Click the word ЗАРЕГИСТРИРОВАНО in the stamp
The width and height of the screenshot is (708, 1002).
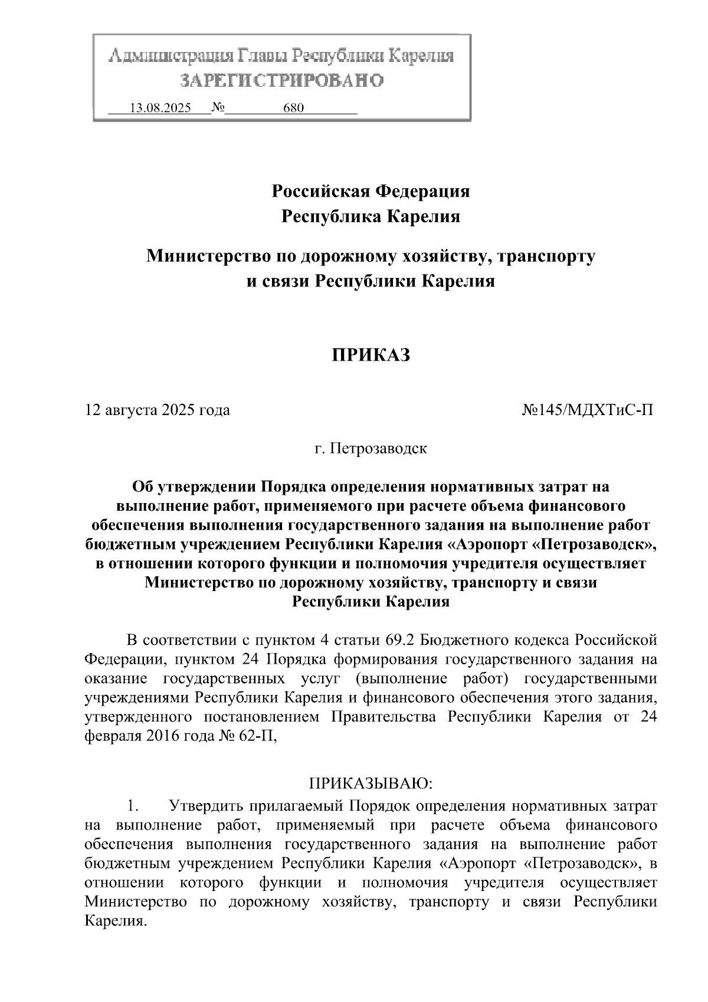point(281,81)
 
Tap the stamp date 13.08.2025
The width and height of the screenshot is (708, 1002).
point(160,108)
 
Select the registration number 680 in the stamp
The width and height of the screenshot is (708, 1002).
point(293,108)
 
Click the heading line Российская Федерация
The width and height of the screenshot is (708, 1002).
point(371,191)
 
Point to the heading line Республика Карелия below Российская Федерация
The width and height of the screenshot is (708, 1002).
point(371,217)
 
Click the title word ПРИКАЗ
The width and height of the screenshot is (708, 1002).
point(370,354)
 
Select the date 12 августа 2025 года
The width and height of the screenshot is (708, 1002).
point(158,410)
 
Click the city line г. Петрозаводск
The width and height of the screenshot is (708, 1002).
point(370,448)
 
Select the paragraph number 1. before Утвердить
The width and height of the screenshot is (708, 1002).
point(133,805)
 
